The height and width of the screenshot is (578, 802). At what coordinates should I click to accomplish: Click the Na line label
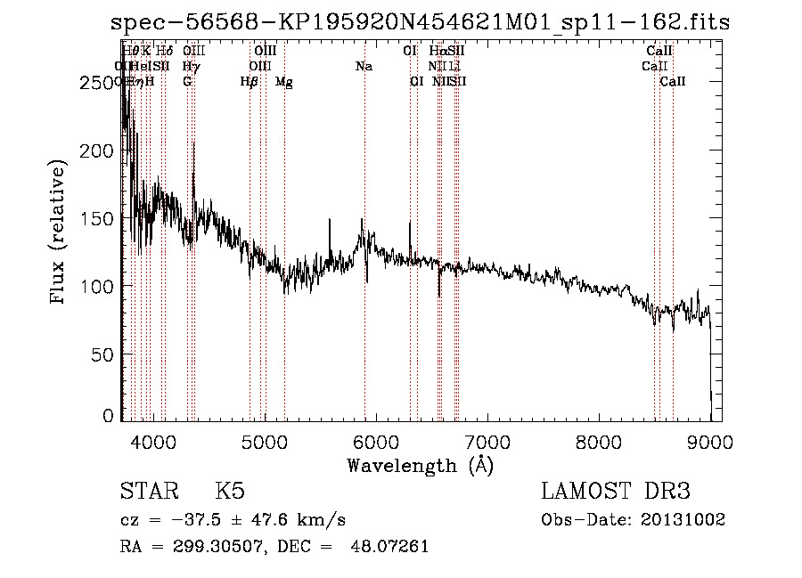coord(364,67)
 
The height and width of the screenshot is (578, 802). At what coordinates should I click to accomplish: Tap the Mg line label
coord(284,82)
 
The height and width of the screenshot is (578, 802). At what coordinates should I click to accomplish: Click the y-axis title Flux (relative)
coord(60,233)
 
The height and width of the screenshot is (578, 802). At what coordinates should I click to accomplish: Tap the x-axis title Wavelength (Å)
coord(420,465)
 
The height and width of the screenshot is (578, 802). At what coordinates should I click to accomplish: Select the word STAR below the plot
coord(148,492)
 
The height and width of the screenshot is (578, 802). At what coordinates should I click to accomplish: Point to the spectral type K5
coord(229,492)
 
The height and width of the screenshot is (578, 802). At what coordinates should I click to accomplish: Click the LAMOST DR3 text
coord(616,492)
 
